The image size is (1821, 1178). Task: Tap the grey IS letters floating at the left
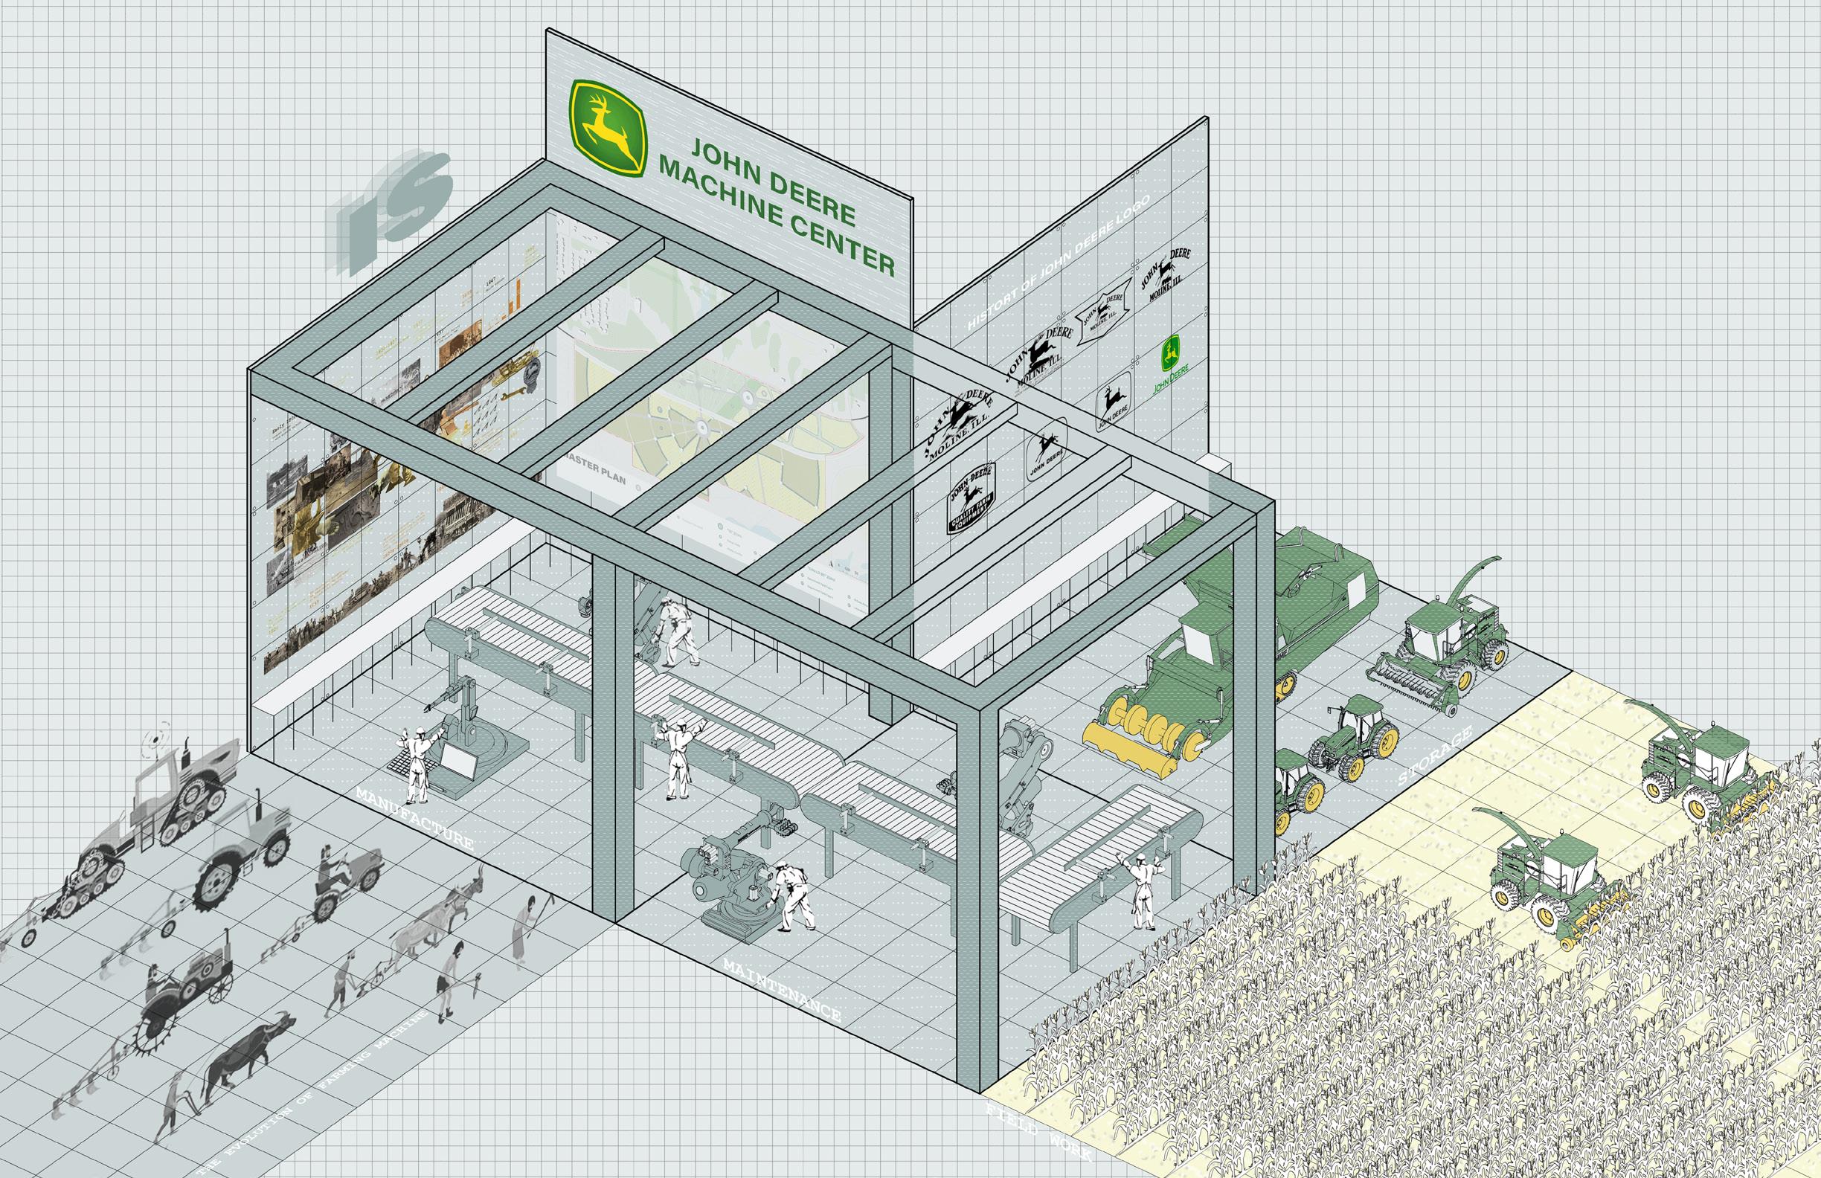click(x=391, y=203)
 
